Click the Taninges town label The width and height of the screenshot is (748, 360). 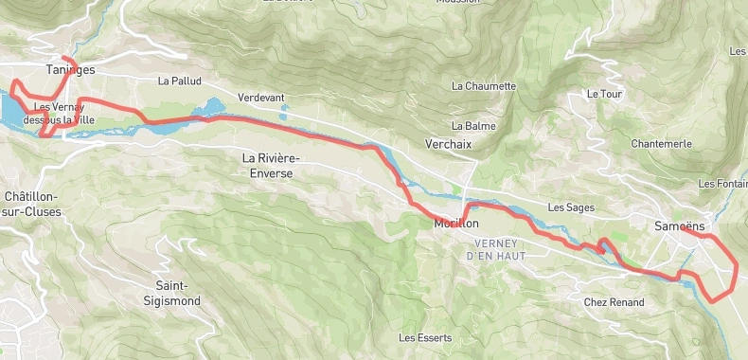70,69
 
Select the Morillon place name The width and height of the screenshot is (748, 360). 456,224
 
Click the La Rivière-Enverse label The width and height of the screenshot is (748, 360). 267,165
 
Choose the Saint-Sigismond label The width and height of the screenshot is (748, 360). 178,293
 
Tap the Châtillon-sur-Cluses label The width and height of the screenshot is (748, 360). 32,204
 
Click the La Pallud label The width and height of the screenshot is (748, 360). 180,81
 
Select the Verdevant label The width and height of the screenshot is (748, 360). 261,98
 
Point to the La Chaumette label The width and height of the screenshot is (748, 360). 484,86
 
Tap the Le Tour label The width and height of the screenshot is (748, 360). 602,94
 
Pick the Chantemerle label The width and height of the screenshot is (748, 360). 660,144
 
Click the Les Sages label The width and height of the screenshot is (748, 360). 570,207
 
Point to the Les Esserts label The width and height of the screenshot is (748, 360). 425,337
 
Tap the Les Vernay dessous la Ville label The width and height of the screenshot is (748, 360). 65,114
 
